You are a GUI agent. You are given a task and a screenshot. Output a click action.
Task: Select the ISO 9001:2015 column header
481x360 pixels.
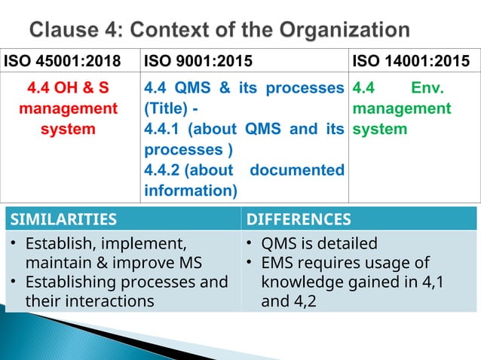tap(198, 59)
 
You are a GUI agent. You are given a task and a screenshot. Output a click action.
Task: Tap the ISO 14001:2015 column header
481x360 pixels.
tap(411, 59)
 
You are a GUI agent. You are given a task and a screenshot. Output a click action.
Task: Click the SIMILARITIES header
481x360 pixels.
tap(64, 219)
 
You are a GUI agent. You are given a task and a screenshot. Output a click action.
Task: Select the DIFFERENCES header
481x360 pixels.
tap(299, 219)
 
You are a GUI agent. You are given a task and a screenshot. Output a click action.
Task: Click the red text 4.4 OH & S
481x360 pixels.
tap(68, 89)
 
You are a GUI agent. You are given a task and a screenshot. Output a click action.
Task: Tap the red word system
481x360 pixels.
tap(68, 129)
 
